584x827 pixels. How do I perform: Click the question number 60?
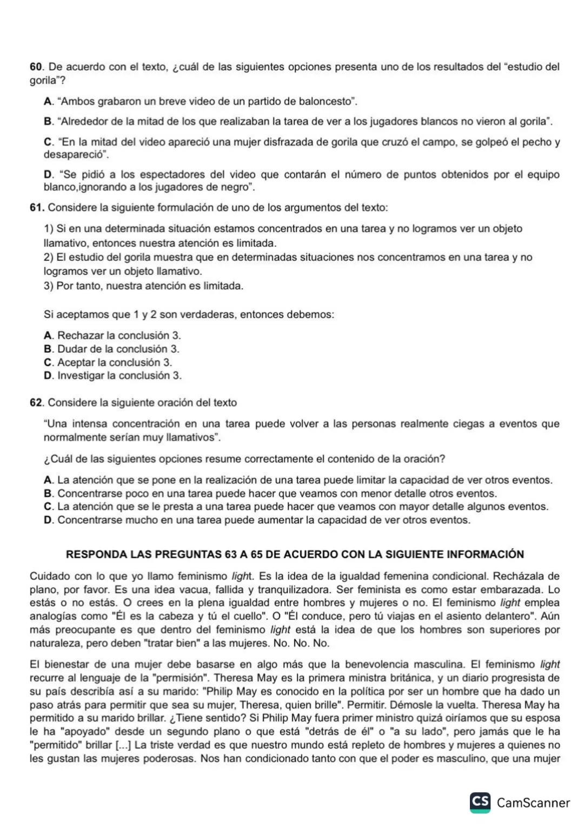tap(36, 67)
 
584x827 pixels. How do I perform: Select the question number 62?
tap(36, 403)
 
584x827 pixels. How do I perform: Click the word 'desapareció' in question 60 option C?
tap(75, 155)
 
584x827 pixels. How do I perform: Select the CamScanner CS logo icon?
tap(480, 802)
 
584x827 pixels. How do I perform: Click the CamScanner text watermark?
tap(533, 803)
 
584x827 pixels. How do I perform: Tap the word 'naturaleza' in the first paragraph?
tap(55, 644)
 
